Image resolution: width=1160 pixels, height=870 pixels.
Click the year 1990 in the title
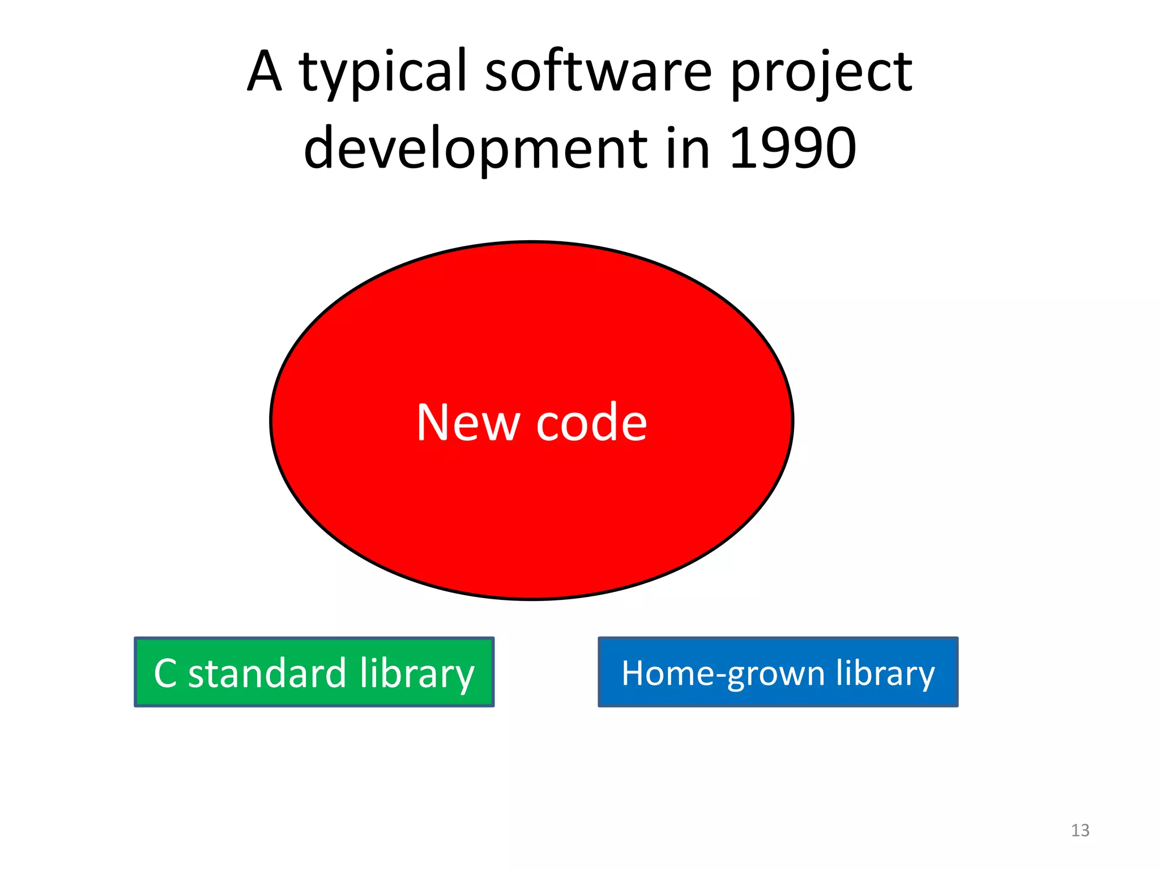pyautogui.click(x=792, y=148)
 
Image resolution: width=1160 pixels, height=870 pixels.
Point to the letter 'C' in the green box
pyautogui.click(x=165, y=673)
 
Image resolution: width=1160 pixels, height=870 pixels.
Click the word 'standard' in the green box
pyautogui.click(x=267, y=673)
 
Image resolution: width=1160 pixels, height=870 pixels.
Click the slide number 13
pyautogui.click(x=1080, y=830)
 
